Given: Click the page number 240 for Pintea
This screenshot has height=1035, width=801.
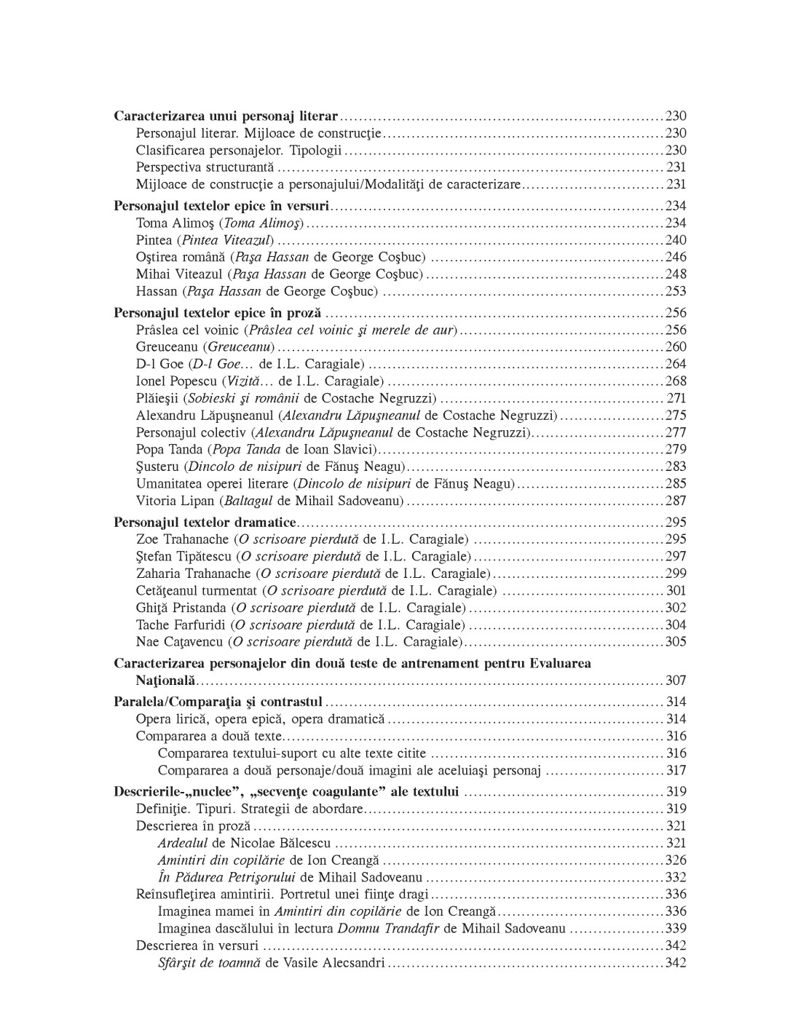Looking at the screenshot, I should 676,240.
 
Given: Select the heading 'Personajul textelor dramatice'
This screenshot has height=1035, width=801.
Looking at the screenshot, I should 205,523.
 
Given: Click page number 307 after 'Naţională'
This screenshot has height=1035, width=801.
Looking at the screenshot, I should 676,681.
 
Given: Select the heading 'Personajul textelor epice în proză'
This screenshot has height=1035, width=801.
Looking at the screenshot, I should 218,313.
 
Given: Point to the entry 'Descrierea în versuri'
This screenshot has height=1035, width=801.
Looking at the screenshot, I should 197,945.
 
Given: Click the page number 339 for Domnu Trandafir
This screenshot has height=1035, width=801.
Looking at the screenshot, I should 676,929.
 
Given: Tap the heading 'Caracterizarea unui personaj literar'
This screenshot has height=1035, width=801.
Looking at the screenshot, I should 226,116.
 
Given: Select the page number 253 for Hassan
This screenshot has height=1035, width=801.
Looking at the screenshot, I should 676,292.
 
